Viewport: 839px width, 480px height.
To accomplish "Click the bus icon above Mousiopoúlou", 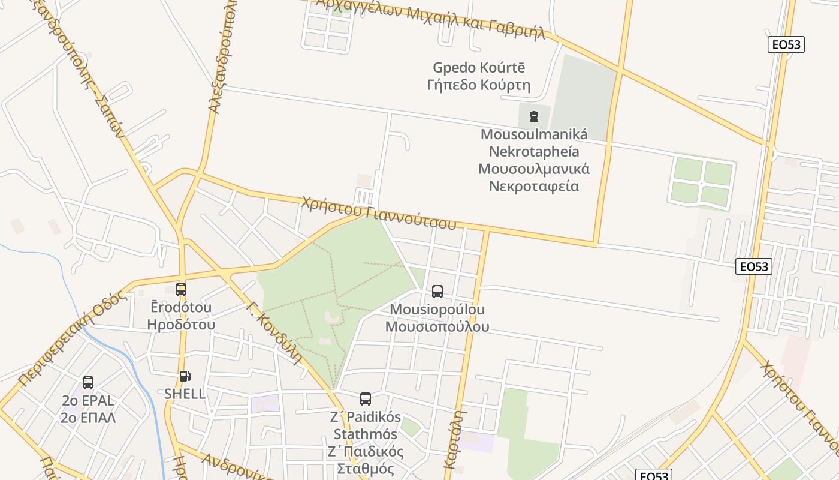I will point(437,292).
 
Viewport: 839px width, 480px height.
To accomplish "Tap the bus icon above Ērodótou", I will point(181,290).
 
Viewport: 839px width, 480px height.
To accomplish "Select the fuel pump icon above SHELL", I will point(185,376).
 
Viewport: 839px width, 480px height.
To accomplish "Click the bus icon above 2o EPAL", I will point(88,383).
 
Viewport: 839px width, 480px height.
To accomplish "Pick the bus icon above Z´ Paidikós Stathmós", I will point(365,398).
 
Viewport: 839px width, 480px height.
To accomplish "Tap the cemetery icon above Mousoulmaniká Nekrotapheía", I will point(534,116).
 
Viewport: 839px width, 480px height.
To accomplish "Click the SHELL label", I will point(185,394).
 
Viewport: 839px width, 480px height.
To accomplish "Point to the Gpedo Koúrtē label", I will point(478,67).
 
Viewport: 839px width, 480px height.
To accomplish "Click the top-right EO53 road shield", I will point(786,44).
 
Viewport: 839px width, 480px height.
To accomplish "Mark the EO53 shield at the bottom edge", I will point(654,475).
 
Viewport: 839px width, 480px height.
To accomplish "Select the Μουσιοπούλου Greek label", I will point(437,327).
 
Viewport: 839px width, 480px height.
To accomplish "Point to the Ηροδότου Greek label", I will point(181,325).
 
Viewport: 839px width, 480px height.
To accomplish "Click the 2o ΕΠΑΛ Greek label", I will point(88,418).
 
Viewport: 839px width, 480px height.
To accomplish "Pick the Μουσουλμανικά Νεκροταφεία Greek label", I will point(534,177).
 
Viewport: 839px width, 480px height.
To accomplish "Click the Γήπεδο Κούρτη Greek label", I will point(478,85).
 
